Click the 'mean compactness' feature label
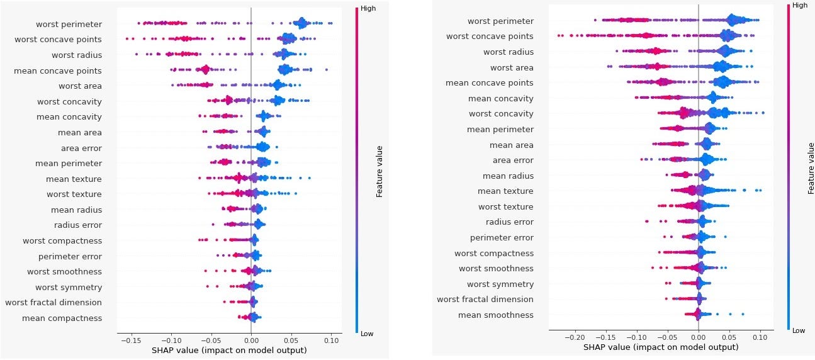click(x=62, y=318)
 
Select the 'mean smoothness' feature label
click(x=495, y=315)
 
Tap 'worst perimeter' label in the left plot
click(x=69, y=24)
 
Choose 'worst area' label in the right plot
click(x=512, y=67)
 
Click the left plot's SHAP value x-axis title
click(x=229, y=350)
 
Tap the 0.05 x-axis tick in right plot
click(x=729, y=337)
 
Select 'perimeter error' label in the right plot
click(x=502, y=237)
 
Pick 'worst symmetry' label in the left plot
click(x=68, y=287)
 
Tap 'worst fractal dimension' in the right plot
click(x=485, y=299)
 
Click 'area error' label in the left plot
click(x=81, y=148)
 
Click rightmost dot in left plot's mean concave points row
click(x=326, y=70)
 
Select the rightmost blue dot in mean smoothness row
click(x=743, y=313)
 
